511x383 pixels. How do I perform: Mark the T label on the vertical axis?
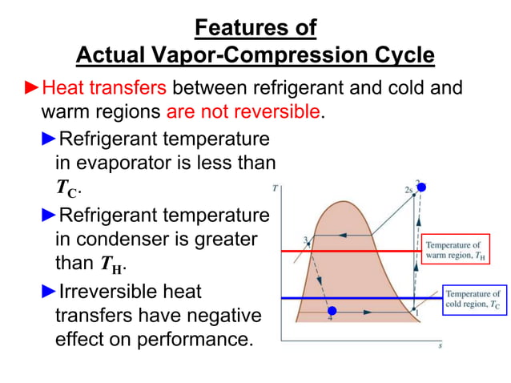click(276, 188)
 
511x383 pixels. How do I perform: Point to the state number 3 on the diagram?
click(305, 239)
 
